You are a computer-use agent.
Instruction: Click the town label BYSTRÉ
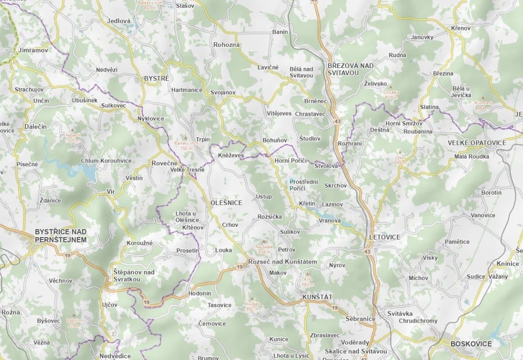tap(157, 78)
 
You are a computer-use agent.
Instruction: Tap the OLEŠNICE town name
tap(226, 203)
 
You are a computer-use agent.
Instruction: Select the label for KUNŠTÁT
tap(317, 297)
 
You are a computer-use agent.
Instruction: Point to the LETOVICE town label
tap(384, 237)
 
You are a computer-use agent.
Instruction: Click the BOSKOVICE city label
tap(471, 344)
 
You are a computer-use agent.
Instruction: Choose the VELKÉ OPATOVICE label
tap(477, 143)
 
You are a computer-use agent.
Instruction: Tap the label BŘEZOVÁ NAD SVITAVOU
tap(351, 69)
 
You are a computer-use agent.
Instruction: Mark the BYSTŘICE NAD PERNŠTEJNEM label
tap(60, 235)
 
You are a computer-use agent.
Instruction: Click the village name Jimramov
tap(33, 50)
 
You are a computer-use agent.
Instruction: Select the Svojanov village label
tap(223, 92)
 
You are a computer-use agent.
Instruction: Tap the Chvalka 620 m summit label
tap(391, 94)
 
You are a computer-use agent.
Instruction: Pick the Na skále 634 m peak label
tap(265, 249)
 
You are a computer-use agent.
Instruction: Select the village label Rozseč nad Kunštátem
tap(283, 261)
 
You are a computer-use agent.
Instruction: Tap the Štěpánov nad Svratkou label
tap(134, 275)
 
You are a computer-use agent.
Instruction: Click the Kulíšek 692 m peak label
tap(252, 306)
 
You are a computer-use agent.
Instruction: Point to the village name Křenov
tap(460, 28)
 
